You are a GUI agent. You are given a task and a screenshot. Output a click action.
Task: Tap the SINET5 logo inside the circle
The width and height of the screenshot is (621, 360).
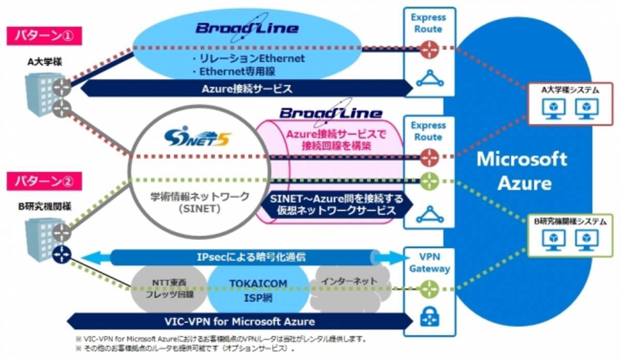click(x=198, y=138)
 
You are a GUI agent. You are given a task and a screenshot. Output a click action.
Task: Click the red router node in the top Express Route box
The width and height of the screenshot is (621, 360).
click(x=429, y=50)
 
